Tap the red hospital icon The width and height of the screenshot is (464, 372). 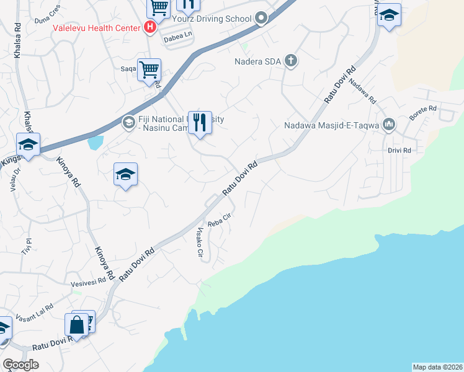(x=149, y=27)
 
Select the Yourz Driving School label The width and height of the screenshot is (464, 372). (x=216, y=19)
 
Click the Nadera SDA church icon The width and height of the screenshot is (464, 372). (x=292, y=61)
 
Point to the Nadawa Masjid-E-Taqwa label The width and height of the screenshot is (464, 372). (x=332, y=125)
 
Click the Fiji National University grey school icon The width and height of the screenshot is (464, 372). (x=128, y=121)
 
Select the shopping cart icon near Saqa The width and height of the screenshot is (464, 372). (x=149, y=70)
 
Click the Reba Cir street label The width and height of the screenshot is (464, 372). (x=219, y=219)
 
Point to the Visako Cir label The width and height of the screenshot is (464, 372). (x=200, y=244)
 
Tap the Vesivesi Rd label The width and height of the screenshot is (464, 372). (x=88, y=281)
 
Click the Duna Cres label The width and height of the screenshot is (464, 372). (x=48, y=20)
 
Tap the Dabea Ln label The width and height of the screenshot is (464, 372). (x=177, y=38)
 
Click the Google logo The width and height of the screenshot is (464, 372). (x=21, y=365)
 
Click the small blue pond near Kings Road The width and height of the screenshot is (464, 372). (x=96, y=143)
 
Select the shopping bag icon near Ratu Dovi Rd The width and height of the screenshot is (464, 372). (x=77, y=324)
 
